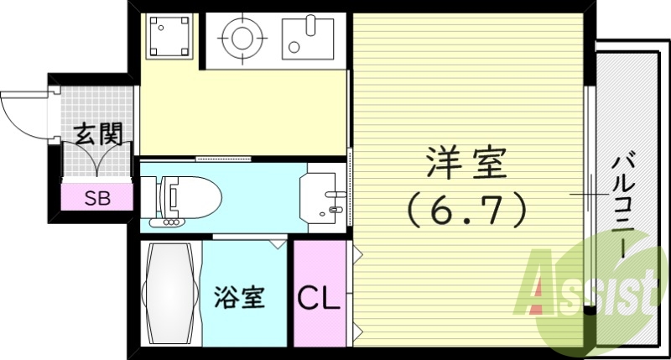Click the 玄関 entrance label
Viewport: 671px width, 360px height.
click(x=99, y=133)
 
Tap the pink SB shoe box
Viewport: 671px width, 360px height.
click(x=98, y=198)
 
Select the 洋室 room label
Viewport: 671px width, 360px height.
click(x=466, y=162)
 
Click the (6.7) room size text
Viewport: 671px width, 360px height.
click(x=466, y=207)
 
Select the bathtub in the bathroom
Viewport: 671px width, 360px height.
click(x=171, y=294)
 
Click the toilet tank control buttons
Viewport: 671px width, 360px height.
click(x=171, y=222)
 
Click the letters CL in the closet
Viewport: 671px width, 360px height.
click(x=320, y=298)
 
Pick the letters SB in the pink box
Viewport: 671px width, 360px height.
click(x=98, y=199)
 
